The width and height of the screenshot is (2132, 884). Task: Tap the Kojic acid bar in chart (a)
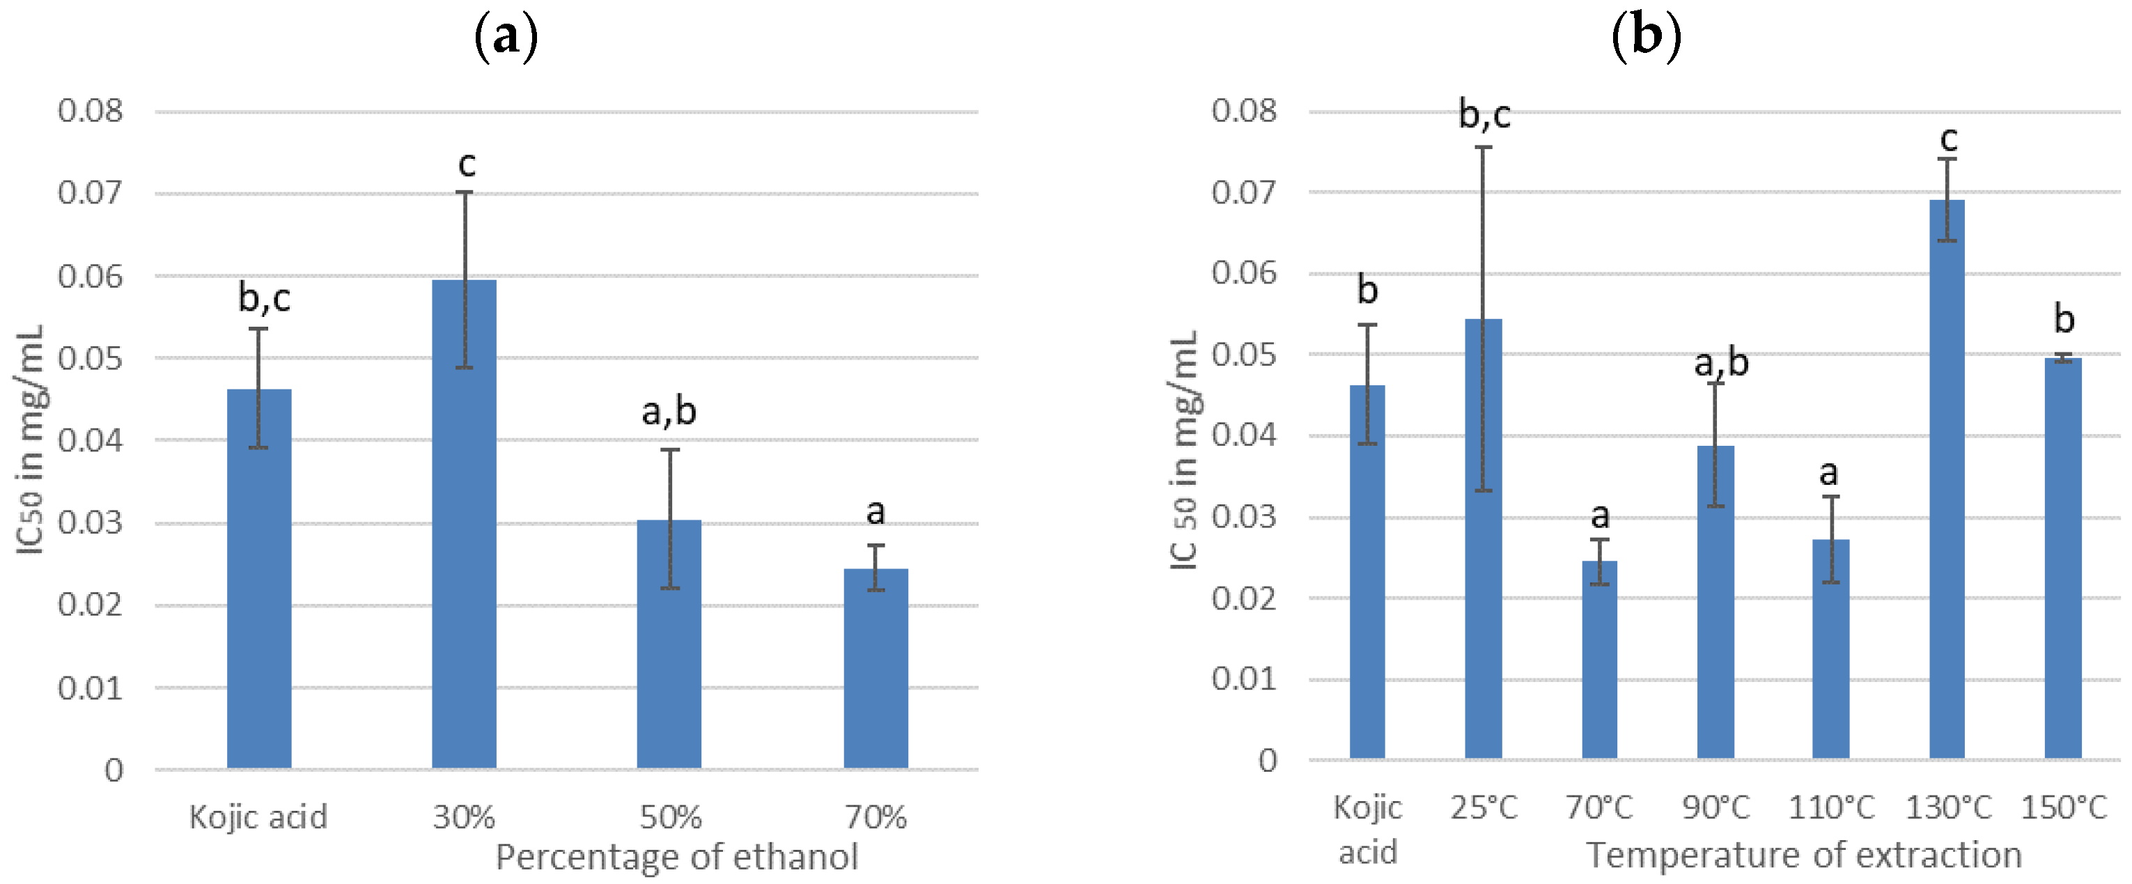tap(259, 580)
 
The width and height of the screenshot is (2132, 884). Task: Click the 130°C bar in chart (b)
tap(1947, 480)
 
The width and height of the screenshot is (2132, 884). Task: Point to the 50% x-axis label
tap(671, 818)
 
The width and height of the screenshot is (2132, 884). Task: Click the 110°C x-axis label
tap(1830, 807)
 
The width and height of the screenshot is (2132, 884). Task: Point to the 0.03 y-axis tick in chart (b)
tap(1244, 518)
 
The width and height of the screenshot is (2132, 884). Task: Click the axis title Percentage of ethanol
tap(676, 858)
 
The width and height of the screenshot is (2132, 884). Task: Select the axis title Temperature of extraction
tap(1803, 855)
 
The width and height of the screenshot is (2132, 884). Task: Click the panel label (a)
tap(506, 37)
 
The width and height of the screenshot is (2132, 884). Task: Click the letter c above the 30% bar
tap(467, 164)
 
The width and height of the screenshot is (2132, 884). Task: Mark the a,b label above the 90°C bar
tap(1722, 362)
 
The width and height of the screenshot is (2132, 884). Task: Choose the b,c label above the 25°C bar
tap(1484, 114)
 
